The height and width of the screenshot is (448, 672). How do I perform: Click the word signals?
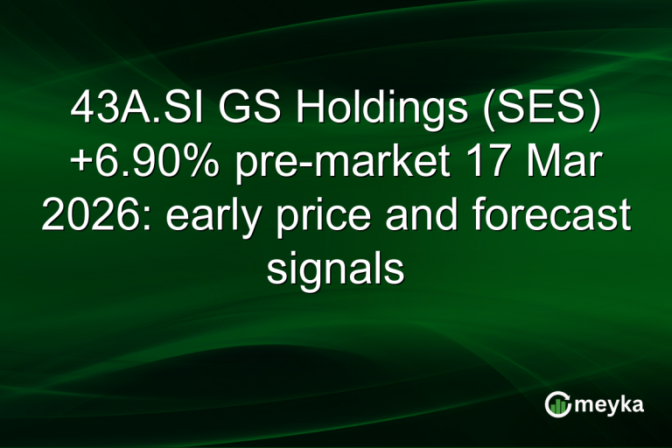336,268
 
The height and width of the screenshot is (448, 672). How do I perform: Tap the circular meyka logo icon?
557,403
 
